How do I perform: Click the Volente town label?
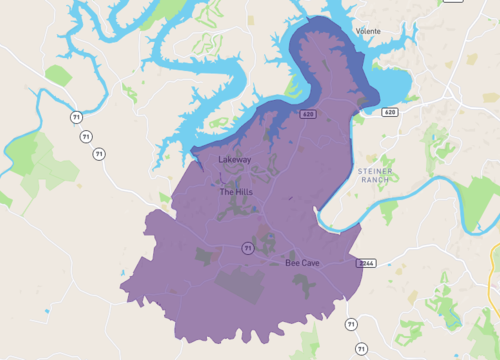pos(366,31)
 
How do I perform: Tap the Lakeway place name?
pos(235,159)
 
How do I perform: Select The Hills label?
pos(235,191)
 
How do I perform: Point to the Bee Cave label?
pos(302,263)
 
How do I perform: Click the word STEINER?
pos(375,172)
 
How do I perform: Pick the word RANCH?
pos(375,181)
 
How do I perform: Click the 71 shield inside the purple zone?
pos(246,248)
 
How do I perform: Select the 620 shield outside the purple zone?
pos(389,112)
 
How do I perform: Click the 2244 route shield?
pos(365,263)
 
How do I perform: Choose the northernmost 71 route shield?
pos(76,117)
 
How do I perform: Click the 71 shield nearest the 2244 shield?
pos(350,324)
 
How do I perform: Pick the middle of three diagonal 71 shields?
pos(87,135)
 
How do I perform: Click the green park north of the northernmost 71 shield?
pos(58,75)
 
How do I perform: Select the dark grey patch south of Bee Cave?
pos(304,285)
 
